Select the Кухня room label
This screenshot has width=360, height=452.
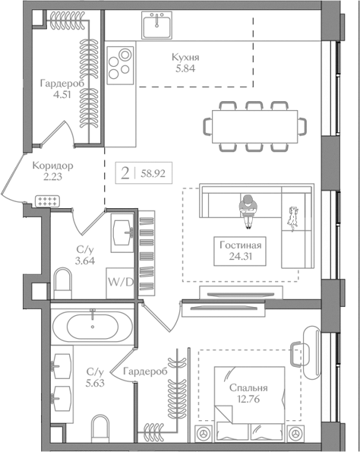[x=185, y=56]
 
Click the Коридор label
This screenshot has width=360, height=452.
[x=52, y=165]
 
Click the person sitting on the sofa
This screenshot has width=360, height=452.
[x=248, y=209]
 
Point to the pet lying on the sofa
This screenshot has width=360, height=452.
[x=292, y=217]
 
